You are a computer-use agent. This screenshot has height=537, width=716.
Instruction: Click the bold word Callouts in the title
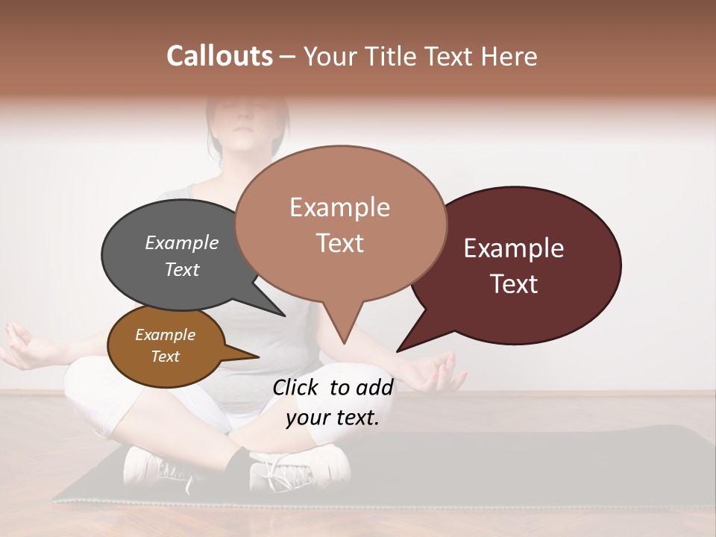pos(219,56)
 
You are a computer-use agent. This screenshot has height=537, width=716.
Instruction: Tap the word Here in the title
pos(509,56)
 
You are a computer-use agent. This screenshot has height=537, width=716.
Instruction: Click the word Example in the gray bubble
pos(182,243)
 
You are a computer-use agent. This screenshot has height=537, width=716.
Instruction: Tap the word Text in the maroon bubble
pos(514,284)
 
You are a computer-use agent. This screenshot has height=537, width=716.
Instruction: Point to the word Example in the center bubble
pos(339,207)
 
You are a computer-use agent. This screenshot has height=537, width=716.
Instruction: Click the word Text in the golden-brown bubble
pos(166,357)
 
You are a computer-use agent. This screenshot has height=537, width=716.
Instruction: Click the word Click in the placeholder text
pos(297,387)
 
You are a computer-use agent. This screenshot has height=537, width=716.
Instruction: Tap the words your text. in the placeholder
pos(333,418)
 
